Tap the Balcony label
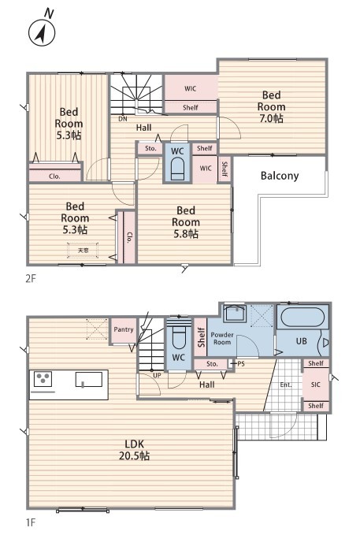coord(280,176)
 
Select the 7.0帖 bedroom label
coord(271,107)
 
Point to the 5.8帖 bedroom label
coord(186,222)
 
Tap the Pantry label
coord(124,329)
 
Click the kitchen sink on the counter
coord(89,380)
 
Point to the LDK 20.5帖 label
coord(134,450)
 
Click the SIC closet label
coord(316,385)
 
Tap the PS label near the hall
coord(241,364)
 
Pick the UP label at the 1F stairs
coord(157,375)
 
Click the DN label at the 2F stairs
coord(123,119)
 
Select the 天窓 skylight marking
coord(83,251)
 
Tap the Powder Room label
coord(222,338)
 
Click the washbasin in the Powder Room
coord(235,313)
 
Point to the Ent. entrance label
coord(286,385)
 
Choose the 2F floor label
coord(31,279)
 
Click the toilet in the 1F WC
coord(179,339)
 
